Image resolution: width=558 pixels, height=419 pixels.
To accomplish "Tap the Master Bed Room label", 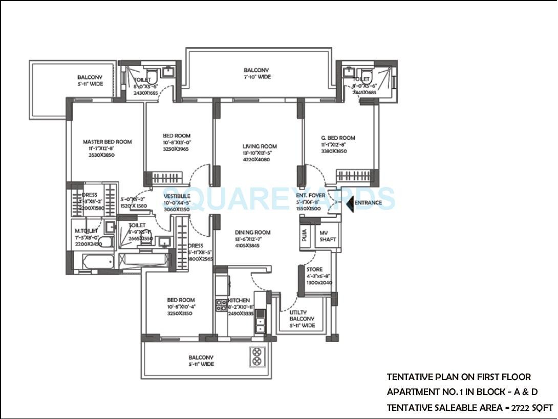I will coord(107,142).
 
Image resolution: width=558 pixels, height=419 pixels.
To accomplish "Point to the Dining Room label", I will coord(253,233).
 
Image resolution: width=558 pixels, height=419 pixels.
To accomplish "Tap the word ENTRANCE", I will coord(369,203).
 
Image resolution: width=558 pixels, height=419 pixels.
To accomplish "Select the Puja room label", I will coord(305,236).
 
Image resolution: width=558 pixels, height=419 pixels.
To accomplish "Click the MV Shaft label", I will coord(328,236).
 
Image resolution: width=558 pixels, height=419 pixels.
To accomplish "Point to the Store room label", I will coord(314,269).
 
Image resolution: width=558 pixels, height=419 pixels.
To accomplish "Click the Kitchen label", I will coord(239,300).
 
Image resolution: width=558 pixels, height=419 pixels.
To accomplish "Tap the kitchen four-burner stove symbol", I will coord(221,305).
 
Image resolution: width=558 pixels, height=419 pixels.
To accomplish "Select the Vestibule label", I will coord(177,196).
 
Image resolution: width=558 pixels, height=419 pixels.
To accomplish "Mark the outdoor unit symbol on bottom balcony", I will coord(256,357).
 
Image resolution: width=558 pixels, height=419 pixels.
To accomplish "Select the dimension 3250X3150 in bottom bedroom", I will coord(180,313).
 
